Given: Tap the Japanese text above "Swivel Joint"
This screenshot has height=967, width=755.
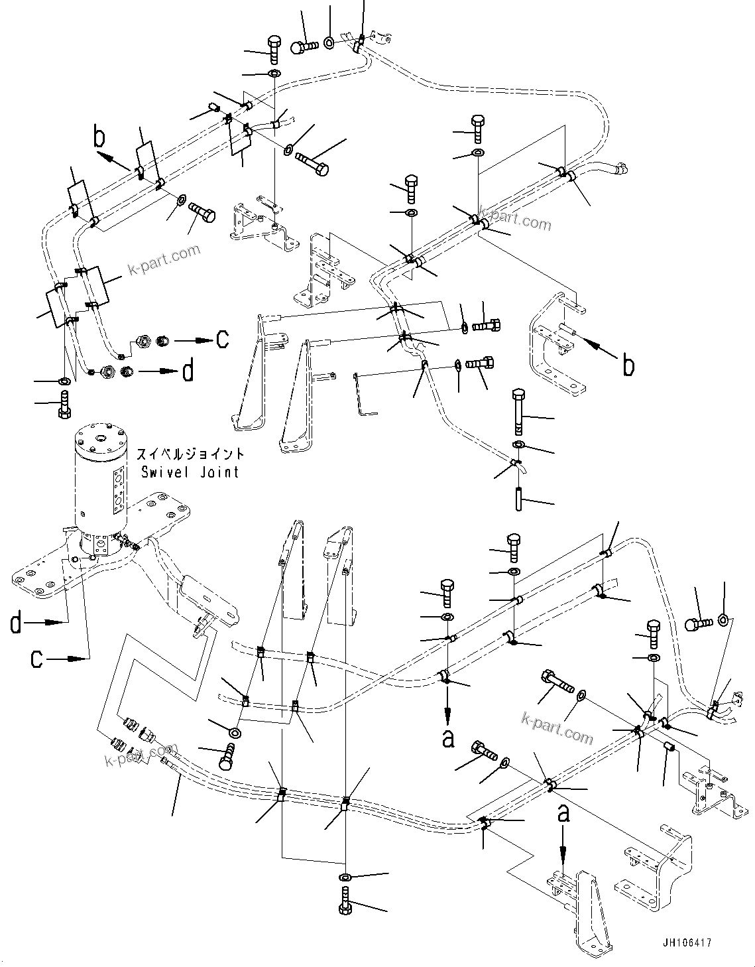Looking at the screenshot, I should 190,455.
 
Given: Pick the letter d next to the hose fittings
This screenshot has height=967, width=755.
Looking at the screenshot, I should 188,371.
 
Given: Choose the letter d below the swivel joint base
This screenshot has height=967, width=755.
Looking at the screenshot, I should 17,623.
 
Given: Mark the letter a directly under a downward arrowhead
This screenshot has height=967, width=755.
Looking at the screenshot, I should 449,738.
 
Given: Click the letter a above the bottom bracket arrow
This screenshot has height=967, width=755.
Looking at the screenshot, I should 563,813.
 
